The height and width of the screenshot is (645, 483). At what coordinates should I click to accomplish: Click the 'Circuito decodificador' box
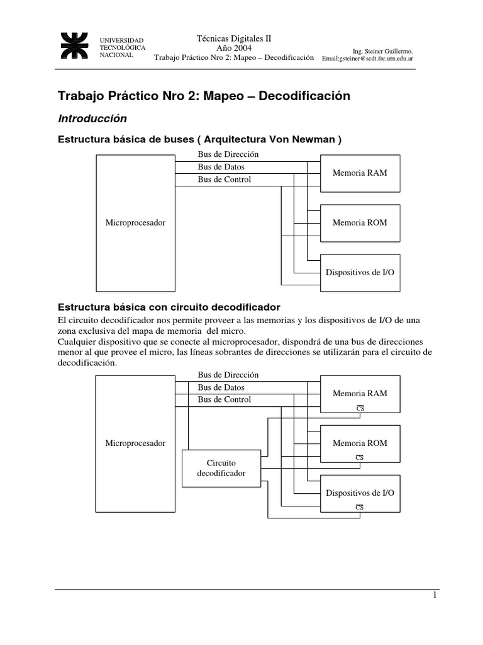[x=221, y=468]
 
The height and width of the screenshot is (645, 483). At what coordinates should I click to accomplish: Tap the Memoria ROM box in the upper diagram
[x=360, y=222]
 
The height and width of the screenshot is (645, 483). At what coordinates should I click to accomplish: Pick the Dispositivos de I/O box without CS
[x=360, y=272]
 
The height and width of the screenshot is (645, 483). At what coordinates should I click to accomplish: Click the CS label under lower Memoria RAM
[x=360, y=408]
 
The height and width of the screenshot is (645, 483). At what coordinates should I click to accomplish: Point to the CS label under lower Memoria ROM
[x=360, y=457]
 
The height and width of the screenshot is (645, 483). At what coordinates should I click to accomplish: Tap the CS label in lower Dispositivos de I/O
[x=360, y=507]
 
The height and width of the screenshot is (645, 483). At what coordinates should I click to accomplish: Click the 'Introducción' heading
[x=92, y=118]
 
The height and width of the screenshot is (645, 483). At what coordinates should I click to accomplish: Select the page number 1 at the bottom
[x=434, y=596]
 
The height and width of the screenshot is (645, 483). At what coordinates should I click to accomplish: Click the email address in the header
[x=368, y=59]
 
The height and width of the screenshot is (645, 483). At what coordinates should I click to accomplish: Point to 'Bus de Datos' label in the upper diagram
[x=221, y=167]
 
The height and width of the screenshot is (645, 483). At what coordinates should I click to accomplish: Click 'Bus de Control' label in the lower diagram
[x=224, y=399]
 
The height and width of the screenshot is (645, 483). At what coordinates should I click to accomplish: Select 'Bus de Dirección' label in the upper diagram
[x=228, y=154]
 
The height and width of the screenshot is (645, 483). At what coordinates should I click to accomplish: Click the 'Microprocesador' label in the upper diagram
[x=135, y=222]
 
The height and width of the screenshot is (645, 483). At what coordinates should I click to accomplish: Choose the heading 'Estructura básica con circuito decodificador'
[x=169, y=307]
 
